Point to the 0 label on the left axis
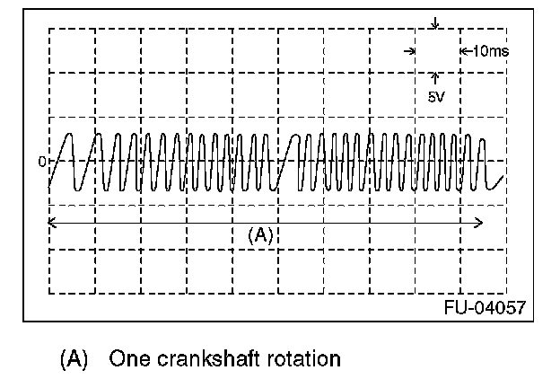point(41,163)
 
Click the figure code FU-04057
point(484,307)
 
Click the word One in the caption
point(127,359)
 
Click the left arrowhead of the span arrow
point(52,221)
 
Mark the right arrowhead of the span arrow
point(481,221)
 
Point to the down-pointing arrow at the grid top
point(435,23)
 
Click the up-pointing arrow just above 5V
point(435,78)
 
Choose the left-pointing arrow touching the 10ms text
point(464,51)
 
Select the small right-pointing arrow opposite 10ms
point(410,51)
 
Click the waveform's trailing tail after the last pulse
point(495,184)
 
